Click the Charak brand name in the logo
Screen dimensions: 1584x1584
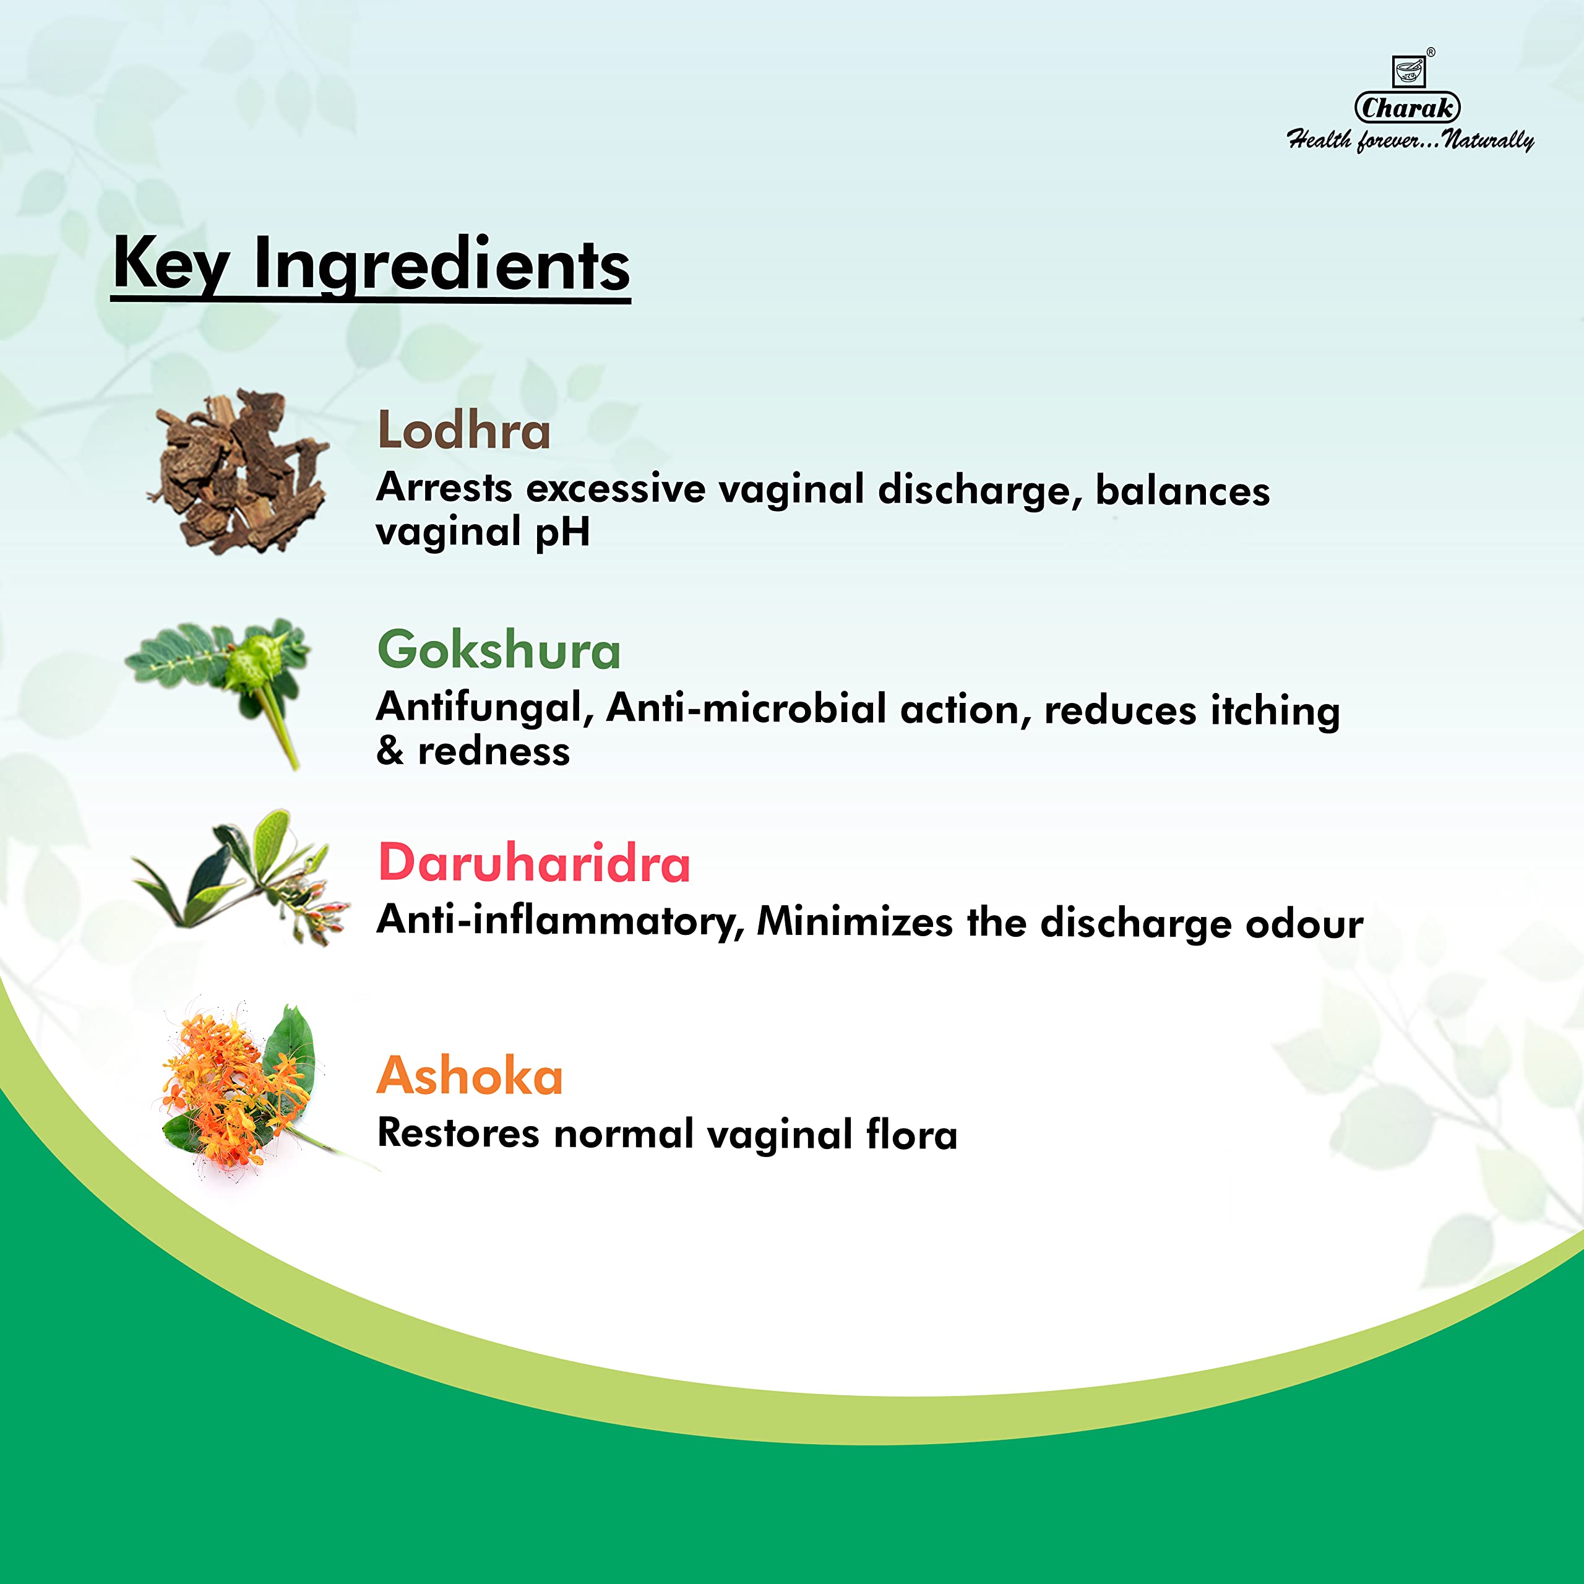tap(1407, 108)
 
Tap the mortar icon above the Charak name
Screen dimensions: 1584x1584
tap(1410, 71)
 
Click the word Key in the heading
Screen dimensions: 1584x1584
tap(171, 264)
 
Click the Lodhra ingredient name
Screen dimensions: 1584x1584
tap(464, 431)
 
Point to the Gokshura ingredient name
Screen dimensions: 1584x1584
tap(499, 650)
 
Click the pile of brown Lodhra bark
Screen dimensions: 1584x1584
tap(239, 471)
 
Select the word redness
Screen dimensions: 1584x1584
tap(494, 751)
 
